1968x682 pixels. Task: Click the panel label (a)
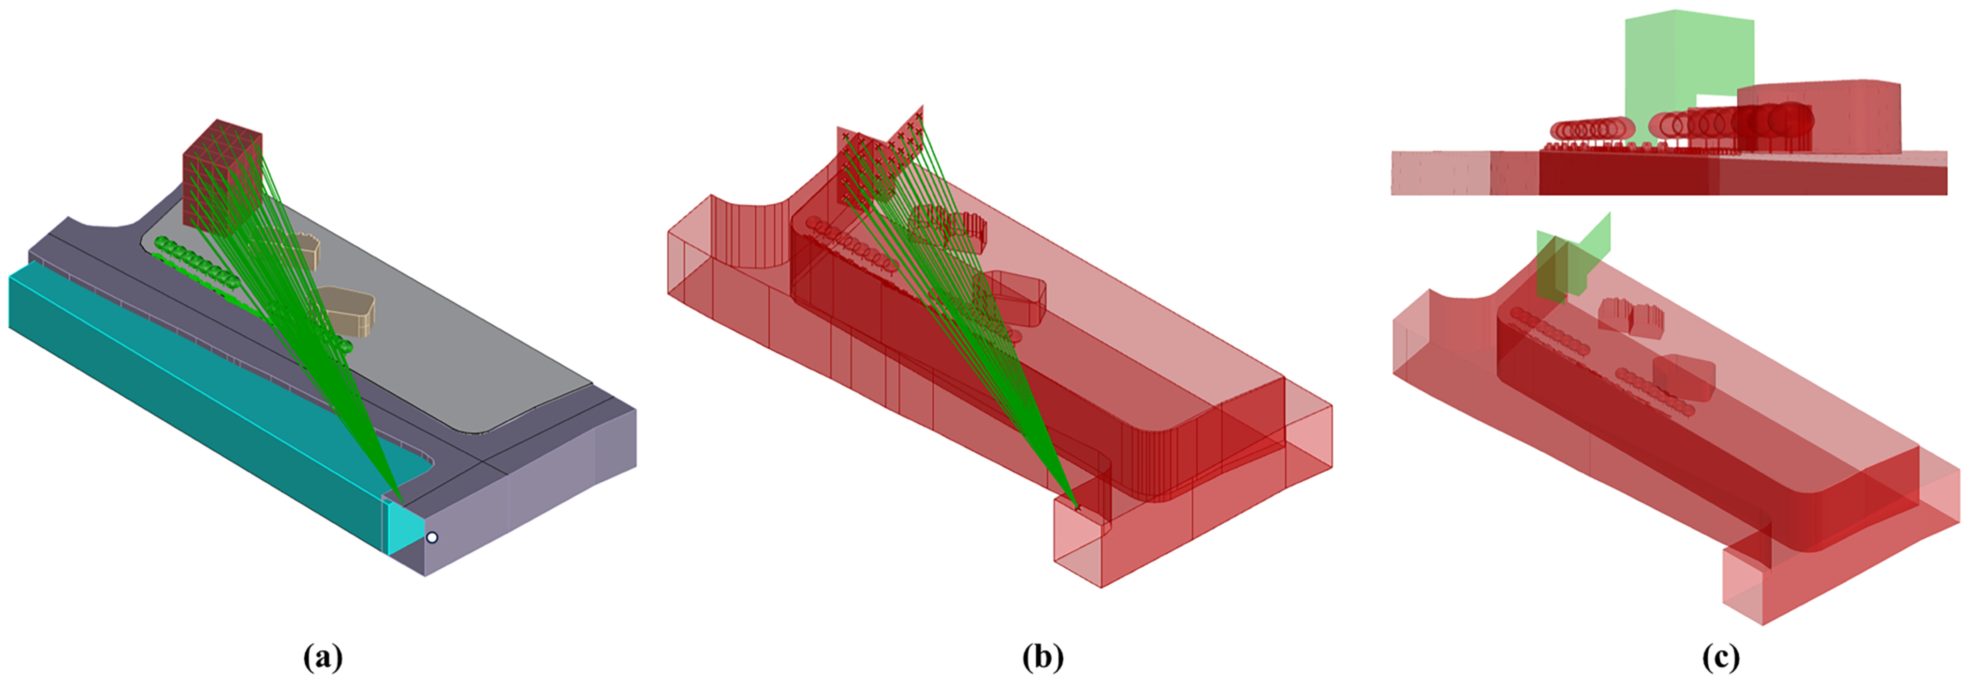point(322,656)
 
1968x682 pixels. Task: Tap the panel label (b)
point(1043,656)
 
